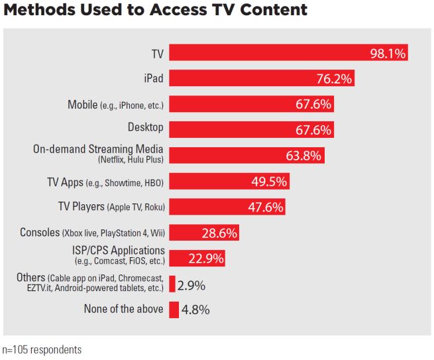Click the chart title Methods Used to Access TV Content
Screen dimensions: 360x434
point(155,10)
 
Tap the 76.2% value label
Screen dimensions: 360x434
point(333,78)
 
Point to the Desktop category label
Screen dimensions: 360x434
point(146,127)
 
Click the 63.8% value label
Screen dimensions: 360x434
point(303,156)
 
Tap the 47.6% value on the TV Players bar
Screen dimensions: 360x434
point(265,207)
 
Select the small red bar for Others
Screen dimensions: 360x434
point(172,284)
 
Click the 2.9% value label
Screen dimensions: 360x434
point(191,285)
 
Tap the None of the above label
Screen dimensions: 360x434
point(124,309)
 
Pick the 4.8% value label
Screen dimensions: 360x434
point(197,310)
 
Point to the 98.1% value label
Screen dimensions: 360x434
point(387,53)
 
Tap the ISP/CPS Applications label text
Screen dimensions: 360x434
point(118,250)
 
